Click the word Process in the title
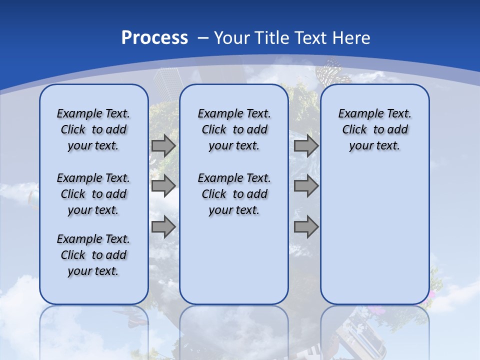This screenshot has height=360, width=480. click(x=154, y=38)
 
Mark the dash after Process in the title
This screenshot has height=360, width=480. click(x=203, y=38)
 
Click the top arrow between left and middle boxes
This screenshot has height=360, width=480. click(x=163, y=146)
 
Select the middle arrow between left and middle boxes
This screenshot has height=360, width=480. click(x=163, y=186)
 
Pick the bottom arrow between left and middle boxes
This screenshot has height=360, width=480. click(x=163, y=226)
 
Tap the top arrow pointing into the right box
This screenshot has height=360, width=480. click(x=306, y=146)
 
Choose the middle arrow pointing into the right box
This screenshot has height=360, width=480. click(x=306, y=186)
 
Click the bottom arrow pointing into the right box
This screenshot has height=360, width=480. click(x=306, y=226)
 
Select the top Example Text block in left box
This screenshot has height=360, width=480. click(x=93, y=129)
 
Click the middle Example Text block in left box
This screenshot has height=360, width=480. click(x=93, y=194)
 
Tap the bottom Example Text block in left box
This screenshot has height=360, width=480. click(x=93, y=255)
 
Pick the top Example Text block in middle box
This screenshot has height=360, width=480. click(x=234, y=129)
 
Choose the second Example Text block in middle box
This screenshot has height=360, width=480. click(x=234, y=194)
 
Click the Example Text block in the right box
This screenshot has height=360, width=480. click(x=374, y=129)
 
